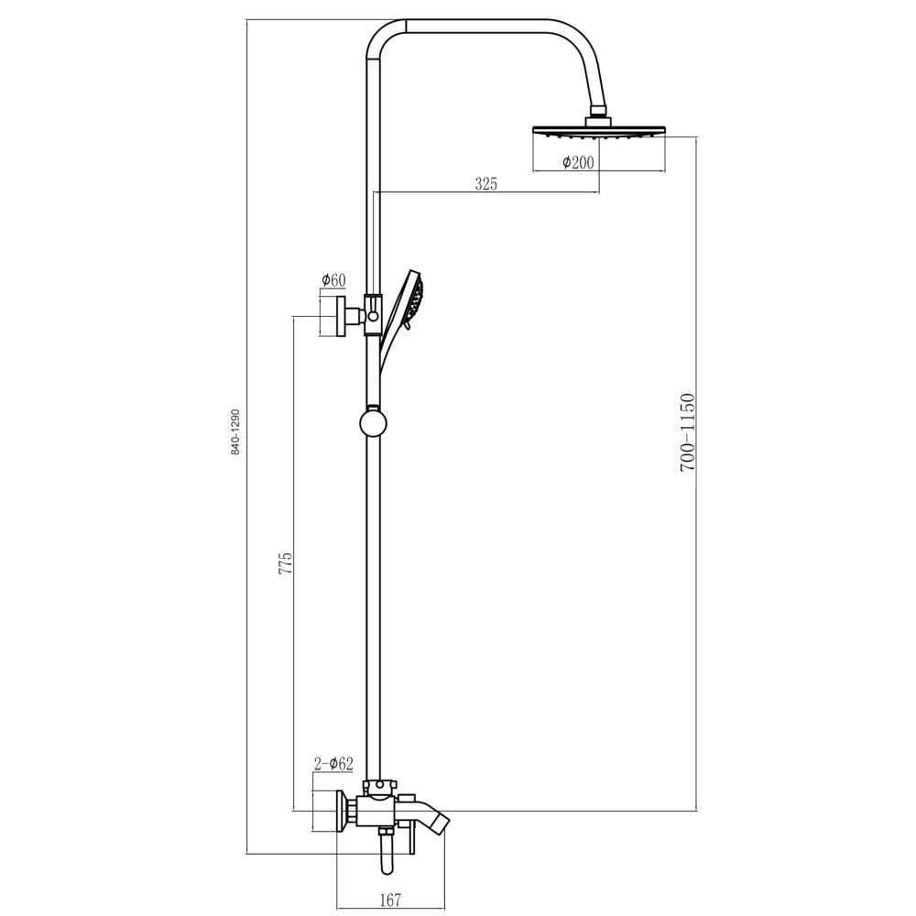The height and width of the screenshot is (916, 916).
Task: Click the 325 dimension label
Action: point(485,184)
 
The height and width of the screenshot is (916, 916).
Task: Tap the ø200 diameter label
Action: point(577,162)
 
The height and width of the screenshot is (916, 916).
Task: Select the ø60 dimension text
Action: point(333,280)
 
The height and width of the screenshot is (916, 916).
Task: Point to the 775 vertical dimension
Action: point(286,562)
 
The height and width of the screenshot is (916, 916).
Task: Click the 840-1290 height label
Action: point(235,432)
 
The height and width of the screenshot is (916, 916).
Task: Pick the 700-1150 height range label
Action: point(688,431)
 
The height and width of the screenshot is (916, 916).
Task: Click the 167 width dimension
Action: point(390,900)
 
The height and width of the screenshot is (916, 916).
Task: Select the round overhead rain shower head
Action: point(598,132)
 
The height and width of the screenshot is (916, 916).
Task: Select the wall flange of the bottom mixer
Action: point(344,813)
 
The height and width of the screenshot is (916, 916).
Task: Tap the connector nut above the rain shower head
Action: point(598,114)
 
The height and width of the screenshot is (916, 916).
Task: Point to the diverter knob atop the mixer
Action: point(379,786)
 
